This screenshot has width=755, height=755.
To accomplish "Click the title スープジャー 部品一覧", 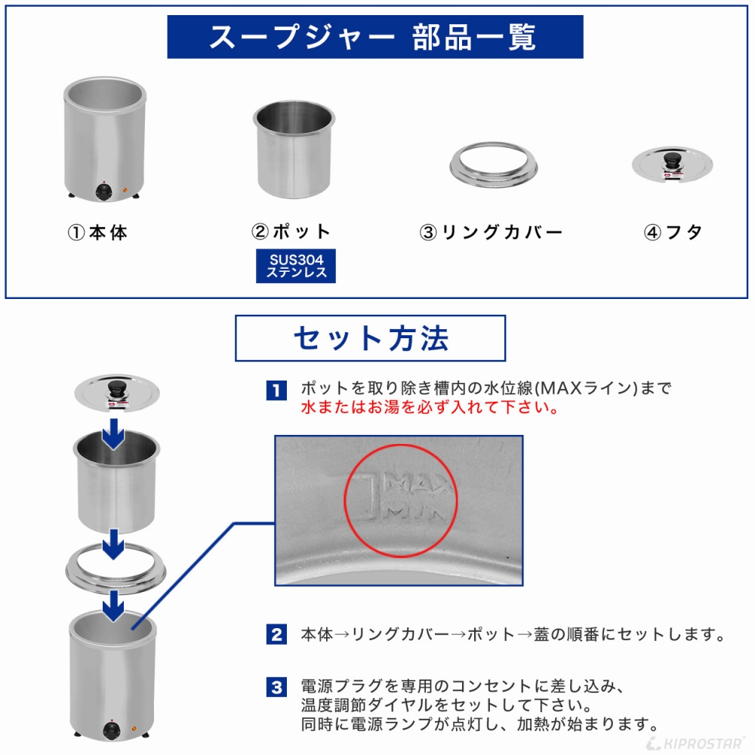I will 374,37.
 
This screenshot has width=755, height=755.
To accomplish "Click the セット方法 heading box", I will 370,338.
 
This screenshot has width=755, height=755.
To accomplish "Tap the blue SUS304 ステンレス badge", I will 296,267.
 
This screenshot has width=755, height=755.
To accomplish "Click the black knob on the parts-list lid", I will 670,159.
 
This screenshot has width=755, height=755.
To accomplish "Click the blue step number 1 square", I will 276,390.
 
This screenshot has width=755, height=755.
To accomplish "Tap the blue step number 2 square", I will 276,634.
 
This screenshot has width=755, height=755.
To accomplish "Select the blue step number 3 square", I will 276,688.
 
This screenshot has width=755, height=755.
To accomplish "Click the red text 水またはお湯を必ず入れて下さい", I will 429,408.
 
